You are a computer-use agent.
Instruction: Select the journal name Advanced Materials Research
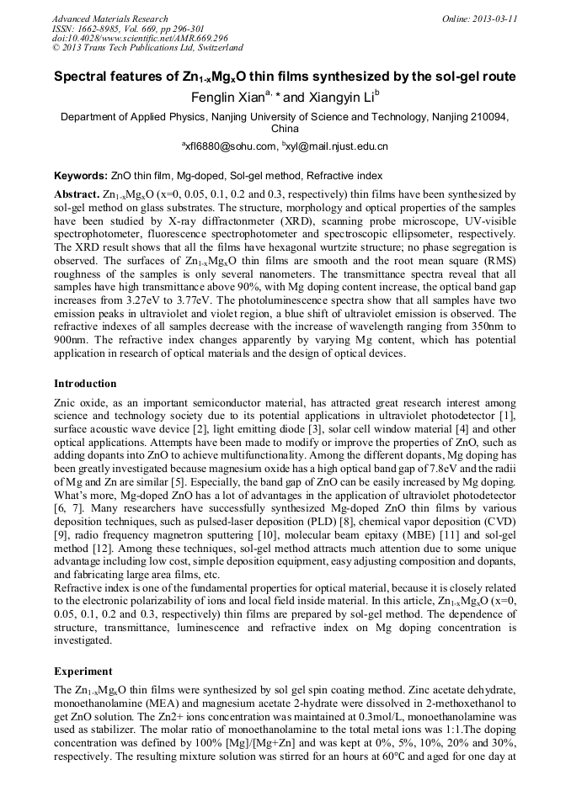[109, 18]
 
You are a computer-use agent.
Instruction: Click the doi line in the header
[140, 38]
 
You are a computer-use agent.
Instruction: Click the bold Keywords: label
[81, 176]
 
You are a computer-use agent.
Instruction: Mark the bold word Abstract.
[78, 194]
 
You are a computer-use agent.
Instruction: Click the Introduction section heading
[85, 383]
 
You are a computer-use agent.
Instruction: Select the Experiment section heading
[83, 672]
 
